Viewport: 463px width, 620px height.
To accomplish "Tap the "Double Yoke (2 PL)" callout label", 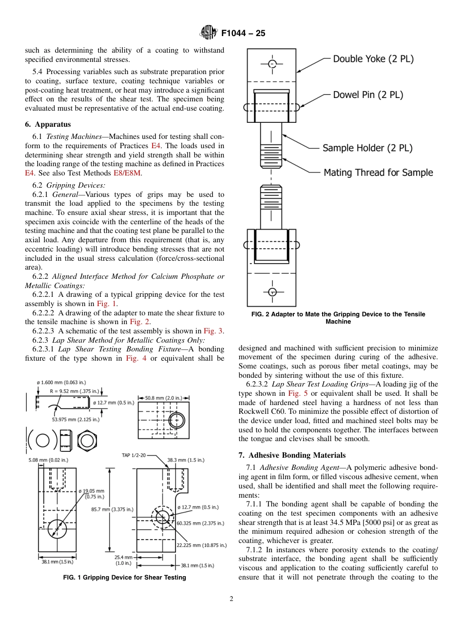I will [373, 59].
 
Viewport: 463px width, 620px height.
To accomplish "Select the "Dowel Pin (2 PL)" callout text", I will [368, 95].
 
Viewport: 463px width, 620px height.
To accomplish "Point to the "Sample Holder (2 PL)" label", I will [367, 148].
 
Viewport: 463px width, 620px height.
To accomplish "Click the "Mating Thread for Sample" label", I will [378, 173].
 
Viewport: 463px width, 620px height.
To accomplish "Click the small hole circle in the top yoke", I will [272, 64].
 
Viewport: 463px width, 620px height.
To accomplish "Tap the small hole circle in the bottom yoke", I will [272, 291].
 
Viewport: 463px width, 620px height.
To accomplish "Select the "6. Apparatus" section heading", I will [48, 124].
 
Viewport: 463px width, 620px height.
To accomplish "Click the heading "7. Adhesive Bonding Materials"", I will [292, 455].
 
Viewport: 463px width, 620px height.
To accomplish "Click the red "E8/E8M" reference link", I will [127, 173].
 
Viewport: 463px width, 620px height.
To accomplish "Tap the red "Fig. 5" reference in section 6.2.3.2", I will [293, 393].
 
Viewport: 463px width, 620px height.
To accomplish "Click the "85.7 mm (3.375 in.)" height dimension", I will [112, 509].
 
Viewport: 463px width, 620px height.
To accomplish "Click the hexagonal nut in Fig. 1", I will [87, 441].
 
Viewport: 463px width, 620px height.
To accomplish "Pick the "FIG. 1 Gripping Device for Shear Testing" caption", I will [125, 578].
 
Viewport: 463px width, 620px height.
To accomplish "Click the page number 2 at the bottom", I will [231, 599].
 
